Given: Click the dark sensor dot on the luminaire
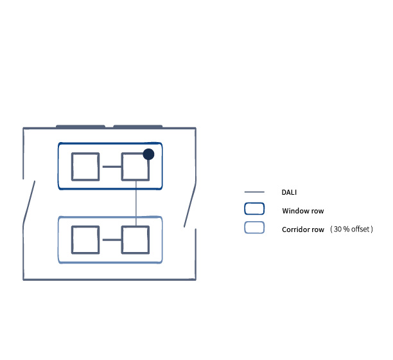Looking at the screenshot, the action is click(148, 154).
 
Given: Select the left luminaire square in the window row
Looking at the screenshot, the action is click(85, 166).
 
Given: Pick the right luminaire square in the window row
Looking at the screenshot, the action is click(135, 166).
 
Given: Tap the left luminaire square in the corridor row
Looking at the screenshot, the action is click(85, 240).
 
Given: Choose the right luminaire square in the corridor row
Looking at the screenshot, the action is click(135, 240).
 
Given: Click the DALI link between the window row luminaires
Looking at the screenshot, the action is click(112, 166).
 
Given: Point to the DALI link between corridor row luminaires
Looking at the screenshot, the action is click(112, 240).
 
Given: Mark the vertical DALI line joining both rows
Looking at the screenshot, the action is click(136, 203).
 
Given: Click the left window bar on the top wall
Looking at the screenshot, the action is click(80, 127).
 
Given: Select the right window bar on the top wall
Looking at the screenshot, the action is click(138, 127).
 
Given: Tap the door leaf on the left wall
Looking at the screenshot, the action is click(29, 203).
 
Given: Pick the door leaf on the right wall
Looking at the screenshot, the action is click(189, 205).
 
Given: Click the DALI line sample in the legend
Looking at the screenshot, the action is click(254, 192).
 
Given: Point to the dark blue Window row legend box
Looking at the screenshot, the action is click(254, 209).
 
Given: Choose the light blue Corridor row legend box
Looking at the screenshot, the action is click(254, 228).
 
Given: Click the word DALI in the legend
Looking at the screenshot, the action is click(289, 192).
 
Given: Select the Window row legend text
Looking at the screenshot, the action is click(303, 211).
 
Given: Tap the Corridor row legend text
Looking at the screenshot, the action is click(303, 230).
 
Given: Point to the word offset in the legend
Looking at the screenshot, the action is click(360, 229).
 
